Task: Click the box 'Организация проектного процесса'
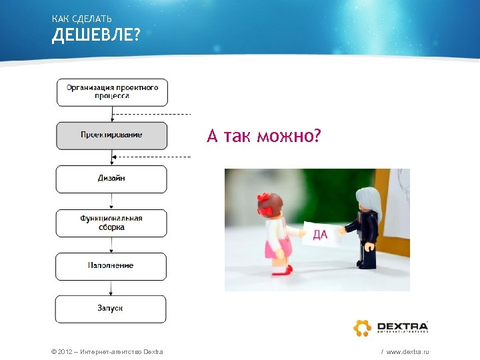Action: click(112, 92)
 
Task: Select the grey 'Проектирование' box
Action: click(112, 135)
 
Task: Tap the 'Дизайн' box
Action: click(112, 179)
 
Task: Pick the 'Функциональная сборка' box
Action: click(112, 223)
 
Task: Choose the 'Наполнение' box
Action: click(112, 266)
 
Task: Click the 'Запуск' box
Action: click(112, 309)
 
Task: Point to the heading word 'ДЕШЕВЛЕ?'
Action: click(96, 34)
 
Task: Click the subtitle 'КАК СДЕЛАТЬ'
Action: click(81, 18)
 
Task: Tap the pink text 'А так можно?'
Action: click(264, 137)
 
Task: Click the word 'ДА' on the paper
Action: click(320, 234)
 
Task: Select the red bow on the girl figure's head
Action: click(265, 202)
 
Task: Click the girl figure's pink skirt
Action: click(278, 249)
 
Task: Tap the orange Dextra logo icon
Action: click(362, 327)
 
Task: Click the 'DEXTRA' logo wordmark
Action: click(403, 324)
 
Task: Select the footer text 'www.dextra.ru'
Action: click(407, 351)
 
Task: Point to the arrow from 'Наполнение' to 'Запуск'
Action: click(112, 287)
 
